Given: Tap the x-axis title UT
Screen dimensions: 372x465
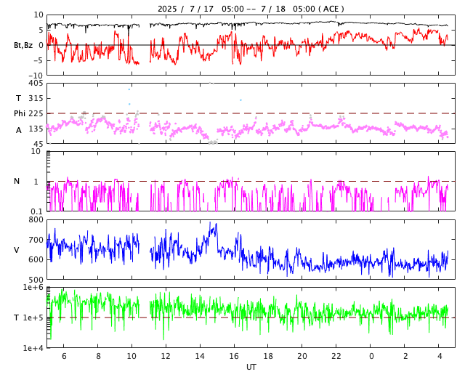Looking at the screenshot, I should click(251, 367).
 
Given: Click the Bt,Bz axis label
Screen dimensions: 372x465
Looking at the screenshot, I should click(23, 45).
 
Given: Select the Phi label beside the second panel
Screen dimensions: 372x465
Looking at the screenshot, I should click(20, 113).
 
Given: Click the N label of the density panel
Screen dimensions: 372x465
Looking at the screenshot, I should click(17, 181).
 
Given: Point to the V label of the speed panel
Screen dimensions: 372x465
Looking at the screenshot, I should click(17, 250).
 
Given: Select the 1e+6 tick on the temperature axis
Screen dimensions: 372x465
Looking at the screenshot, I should click(33, 288).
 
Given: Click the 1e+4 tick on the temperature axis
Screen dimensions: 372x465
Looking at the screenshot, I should click(33, 348).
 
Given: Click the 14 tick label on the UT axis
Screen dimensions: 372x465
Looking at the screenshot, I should click(200, 356).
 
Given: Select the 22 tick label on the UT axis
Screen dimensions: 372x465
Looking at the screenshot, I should click(336, 356).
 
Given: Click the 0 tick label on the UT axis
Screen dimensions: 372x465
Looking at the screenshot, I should click(371, 356).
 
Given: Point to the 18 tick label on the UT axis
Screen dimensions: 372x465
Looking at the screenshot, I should click(268, 356).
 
